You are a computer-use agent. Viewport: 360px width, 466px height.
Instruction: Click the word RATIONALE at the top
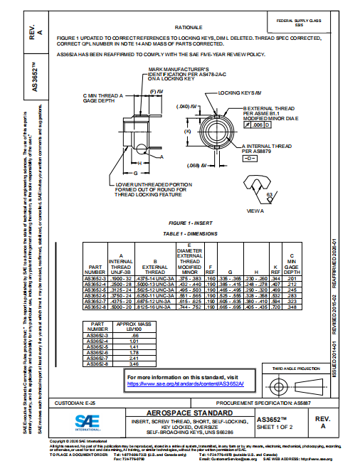184,26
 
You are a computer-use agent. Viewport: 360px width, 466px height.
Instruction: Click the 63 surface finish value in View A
268,194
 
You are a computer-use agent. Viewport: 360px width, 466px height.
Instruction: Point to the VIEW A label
255,211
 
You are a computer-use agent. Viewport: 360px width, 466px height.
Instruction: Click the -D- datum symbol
250,157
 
